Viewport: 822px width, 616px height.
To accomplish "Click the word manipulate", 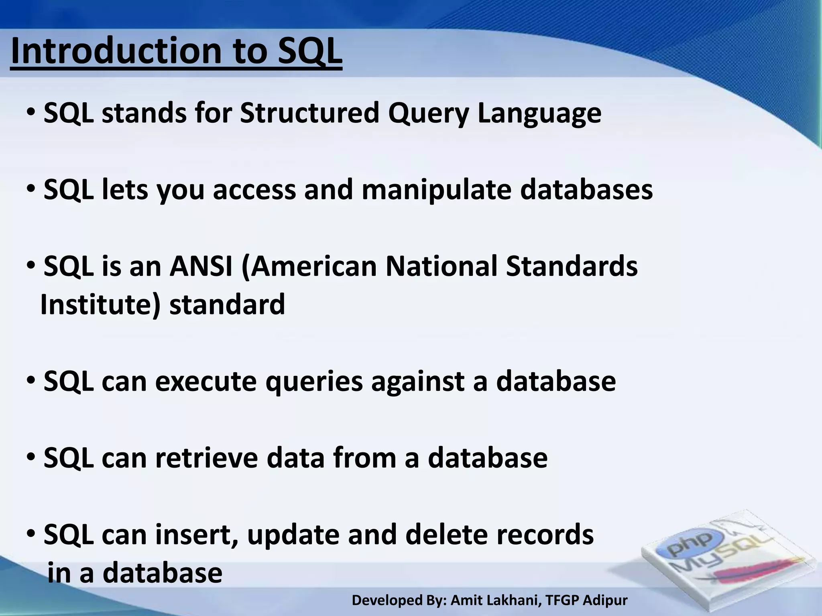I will (x=436, y=190).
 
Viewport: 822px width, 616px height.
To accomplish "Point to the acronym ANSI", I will (x=201, y=266).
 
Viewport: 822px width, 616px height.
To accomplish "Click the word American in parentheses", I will (x=309, y=266).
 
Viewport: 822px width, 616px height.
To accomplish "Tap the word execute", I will (x=205, y=381).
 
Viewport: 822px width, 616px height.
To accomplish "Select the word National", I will (x=441, y=266).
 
